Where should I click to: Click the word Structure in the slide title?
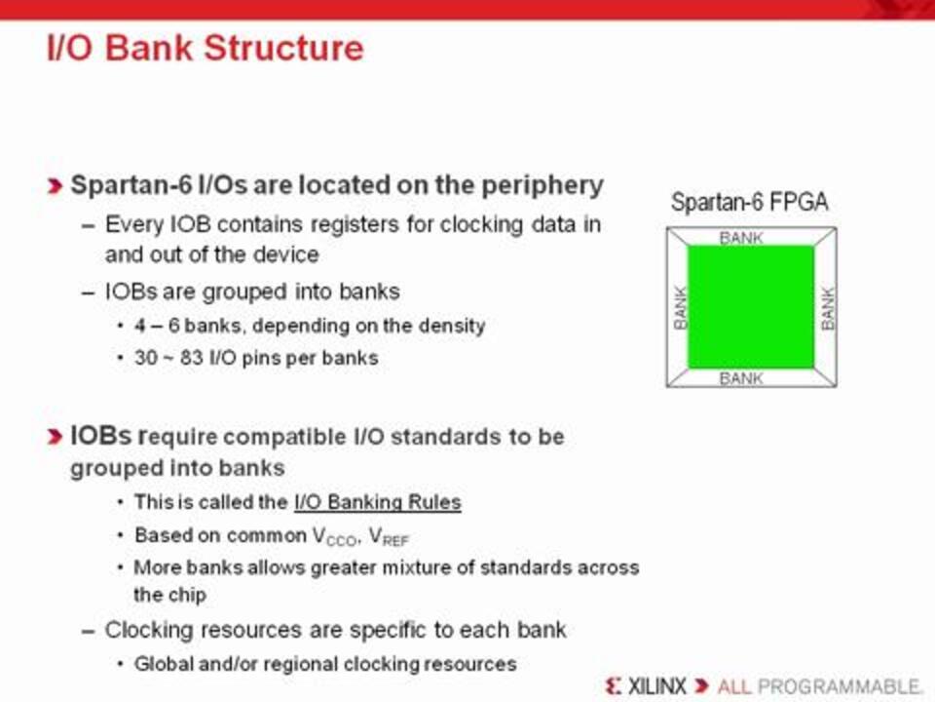click(x=283, y=48)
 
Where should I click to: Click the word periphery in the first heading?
click(x=542, y=186)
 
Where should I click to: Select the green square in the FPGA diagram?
click(x=751, y=307)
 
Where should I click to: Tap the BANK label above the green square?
click(x=741, y=238)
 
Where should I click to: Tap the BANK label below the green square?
click(x=741, y=378)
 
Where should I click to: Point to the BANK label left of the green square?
click(x=681, y=307)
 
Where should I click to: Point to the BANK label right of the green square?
click(x=828, y=308)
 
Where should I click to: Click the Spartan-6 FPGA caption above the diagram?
click(x=750, y=202)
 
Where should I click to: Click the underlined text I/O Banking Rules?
click(x=378, y=502)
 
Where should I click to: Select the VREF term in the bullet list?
click(x=389, y=536)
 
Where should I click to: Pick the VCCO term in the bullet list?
click(x=335, y=536)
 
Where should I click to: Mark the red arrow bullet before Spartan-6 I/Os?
click(x=55, y=186)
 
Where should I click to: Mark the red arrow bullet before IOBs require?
click(x=55, y=437)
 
